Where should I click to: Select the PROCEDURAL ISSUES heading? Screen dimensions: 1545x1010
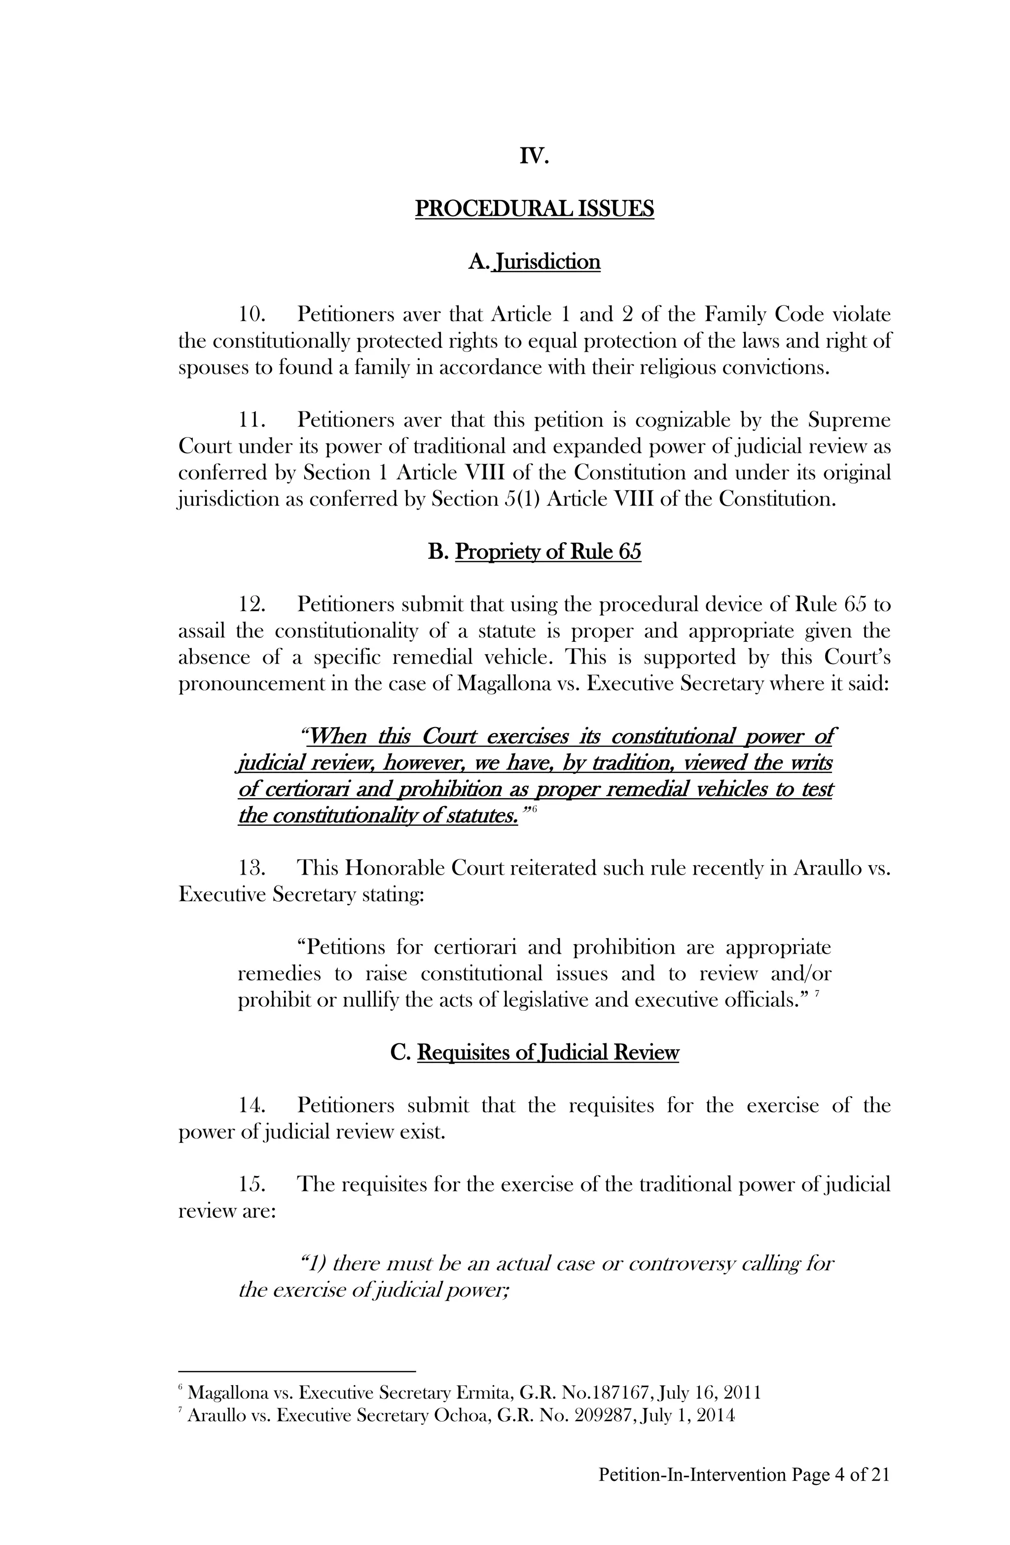pos(534,209)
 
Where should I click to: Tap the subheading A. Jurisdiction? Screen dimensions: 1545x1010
pos(534,261)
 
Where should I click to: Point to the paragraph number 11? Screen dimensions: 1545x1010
pos(251,421)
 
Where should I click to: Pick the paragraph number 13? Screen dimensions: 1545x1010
pos(251,868)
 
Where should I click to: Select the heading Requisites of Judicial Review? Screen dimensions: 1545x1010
pos(547,1052)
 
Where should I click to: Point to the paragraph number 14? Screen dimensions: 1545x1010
pos(251,1105)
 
